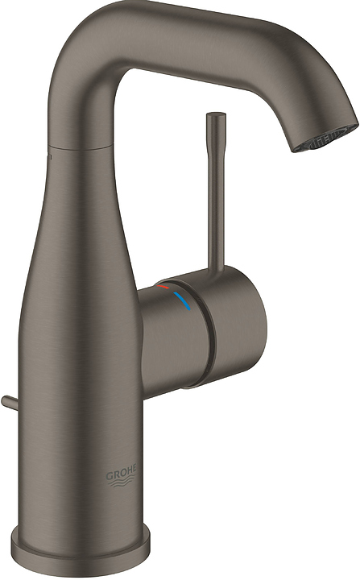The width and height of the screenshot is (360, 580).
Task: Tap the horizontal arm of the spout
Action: coord(201,36)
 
